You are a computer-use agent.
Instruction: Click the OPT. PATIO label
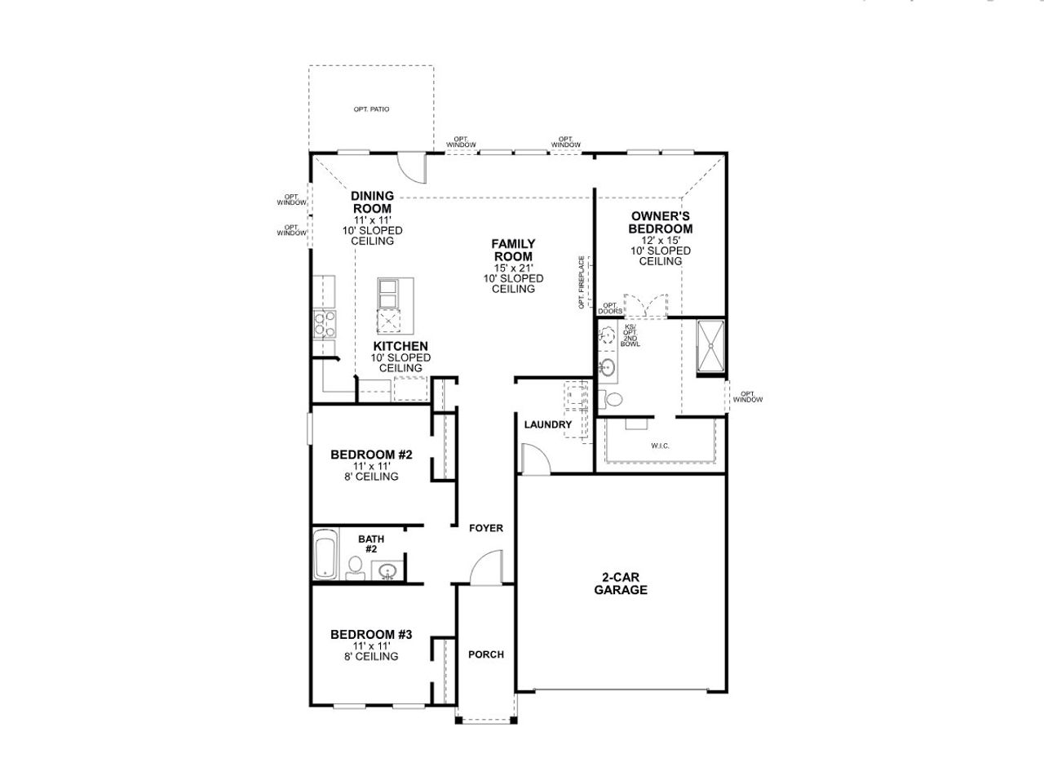tap(371, 109)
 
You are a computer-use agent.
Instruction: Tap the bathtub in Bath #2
tap(325, 555)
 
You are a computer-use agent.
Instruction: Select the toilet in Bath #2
tap(355, 567)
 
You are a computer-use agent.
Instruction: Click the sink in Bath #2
tap(387, 570)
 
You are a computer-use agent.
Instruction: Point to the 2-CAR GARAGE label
tap(621, 583)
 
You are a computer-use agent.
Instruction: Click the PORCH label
tap(486, 654)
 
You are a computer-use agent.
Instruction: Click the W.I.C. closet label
tap(660, 446)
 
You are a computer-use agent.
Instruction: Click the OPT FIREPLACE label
tap(582, 282)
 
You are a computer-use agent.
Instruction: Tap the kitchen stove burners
tap(325, 325)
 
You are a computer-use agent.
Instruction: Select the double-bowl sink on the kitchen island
tap(388, 290)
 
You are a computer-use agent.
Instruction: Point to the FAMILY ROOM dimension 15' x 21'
tap(513, 268)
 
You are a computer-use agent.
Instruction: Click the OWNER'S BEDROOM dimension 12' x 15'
tap(660, 241)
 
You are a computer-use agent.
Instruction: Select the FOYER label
tap(486, 528)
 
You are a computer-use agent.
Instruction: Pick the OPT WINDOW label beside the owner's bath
tap(747, 397)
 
